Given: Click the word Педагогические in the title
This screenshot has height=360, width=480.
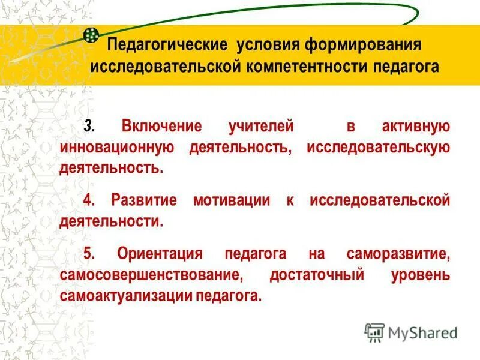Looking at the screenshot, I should [166, 46].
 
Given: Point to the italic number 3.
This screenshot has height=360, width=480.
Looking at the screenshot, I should [89, 127].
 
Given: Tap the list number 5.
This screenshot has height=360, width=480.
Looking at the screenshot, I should [88, 254].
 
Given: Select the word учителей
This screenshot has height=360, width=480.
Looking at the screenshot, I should [260, 127].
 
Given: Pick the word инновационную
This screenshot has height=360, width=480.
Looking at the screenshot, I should [117, 147].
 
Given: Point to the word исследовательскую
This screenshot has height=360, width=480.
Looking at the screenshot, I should [378, 147].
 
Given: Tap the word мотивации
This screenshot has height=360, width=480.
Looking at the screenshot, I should [232, 200].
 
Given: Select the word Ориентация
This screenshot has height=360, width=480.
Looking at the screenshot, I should [161, 254].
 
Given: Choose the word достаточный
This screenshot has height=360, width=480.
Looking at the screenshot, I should [317, 275].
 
